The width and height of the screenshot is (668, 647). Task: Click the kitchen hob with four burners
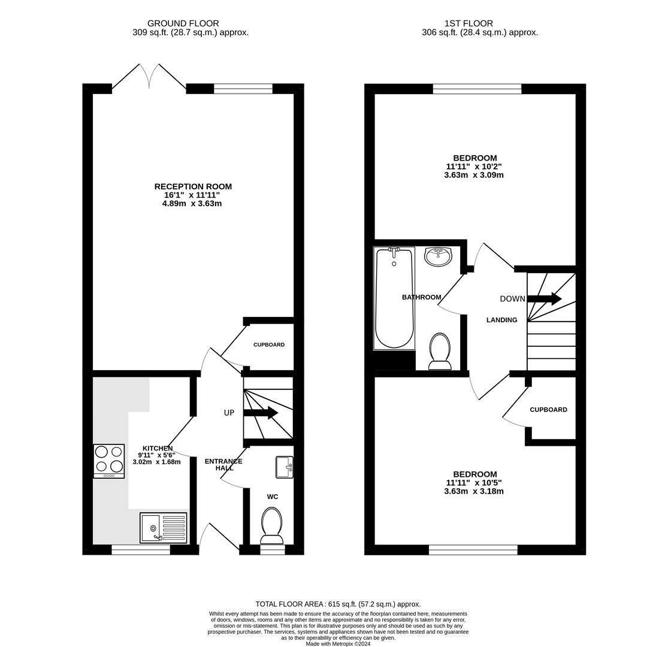click(x=109, y=461)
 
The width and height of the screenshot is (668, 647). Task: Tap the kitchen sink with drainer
click(x=164, y=528)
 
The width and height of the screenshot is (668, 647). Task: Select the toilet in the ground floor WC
click(x=272, y=525)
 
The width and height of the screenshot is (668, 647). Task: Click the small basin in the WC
click(x=285, y=467)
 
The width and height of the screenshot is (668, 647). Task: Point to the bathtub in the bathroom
click(x=394, y=298)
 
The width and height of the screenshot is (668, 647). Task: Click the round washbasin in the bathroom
click(x=439, y=257)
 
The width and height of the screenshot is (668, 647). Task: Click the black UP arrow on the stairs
click(x=260, y=412)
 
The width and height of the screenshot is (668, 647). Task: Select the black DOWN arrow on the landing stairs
click(x=545, y=298)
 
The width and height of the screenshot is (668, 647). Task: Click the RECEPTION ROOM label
click(x=193, y=186)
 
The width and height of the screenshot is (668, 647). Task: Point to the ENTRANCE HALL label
click(x=223, y=464)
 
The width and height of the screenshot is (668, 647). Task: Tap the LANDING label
click(x=502, y=320)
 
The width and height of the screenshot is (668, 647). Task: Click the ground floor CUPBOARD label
click(x=269, y=344)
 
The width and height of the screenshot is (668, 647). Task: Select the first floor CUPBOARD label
click(x=548, y=410)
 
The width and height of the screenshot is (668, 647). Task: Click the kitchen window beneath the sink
click(x=141, y=551)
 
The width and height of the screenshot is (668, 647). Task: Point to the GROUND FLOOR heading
click(x=183, y=23)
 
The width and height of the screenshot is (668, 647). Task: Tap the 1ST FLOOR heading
click(x=468, y=23)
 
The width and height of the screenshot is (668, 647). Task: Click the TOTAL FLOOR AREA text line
click(x=338, y=604)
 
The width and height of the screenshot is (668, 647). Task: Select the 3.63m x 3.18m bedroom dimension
click(x=474, y=491)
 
